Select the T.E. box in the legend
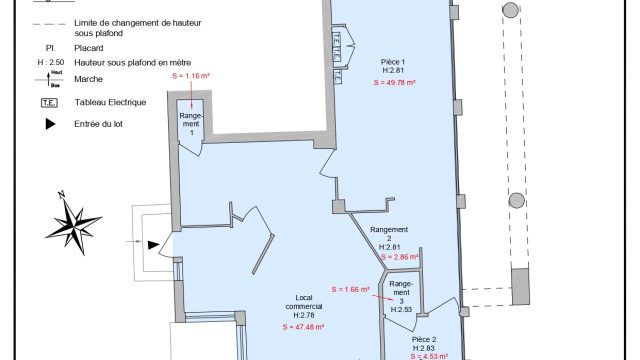48,102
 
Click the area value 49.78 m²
393,83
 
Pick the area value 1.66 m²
350,290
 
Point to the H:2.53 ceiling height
401,310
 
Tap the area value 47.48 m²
303,327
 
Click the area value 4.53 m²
428,355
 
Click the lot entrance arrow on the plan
151,243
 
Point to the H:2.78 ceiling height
303,316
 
